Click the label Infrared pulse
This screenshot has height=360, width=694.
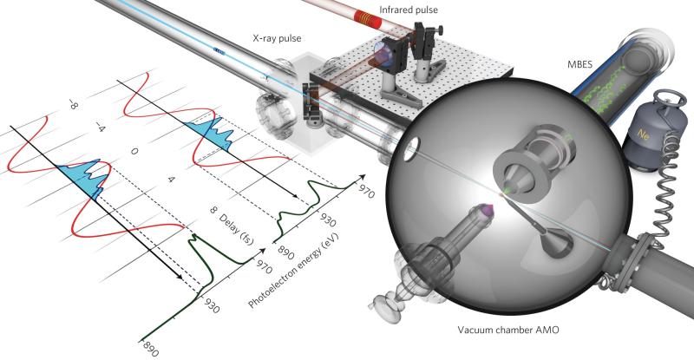pyautogui.click(x=408, y=10)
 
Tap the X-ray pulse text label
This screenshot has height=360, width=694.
pyautogui.click(x=277, y=38)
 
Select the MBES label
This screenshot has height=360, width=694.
pyautogui.click(x=579, y=65)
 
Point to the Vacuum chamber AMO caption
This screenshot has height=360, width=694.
pyautogui.click(x=508, y=330)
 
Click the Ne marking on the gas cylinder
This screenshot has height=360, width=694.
pyautogui.click(x=643, y=135)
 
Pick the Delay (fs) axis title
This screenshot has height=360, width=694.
pyautogui.click(x=237, y=231)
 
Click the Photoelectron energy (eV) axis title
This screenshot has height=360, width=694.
pyautogui.click(x=293, y=270)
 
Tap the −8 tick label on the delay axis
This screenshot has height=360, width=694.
pyautogui.click(x=73, y=104)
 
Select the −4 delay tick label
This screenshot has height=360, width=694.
pyautogui.click(x=101, y=128)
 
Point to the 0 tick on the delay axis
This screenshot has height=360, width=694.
pyautogui.click(x=134, y=152)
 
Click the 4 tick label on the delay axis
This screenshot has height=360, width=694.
pyautogui.click(x=172, y=179)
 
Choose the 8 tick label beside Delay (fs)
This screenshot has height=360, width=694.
pyautogui.click(x=213, y=210)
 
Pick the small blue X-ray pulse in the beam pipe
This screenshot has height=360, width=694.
pyautogui.click(x=219, y=50)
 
